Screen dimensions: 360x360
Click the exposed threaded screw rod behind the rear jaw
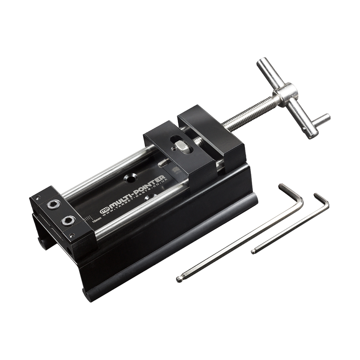pyautogui.click(x=245, y=115)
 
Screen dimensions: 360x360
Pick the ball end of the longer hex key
pyautogui.click(x=179, y=278)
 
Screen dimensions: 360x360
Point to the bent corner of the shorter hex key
pyautogui.click(x=325, y=204)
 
